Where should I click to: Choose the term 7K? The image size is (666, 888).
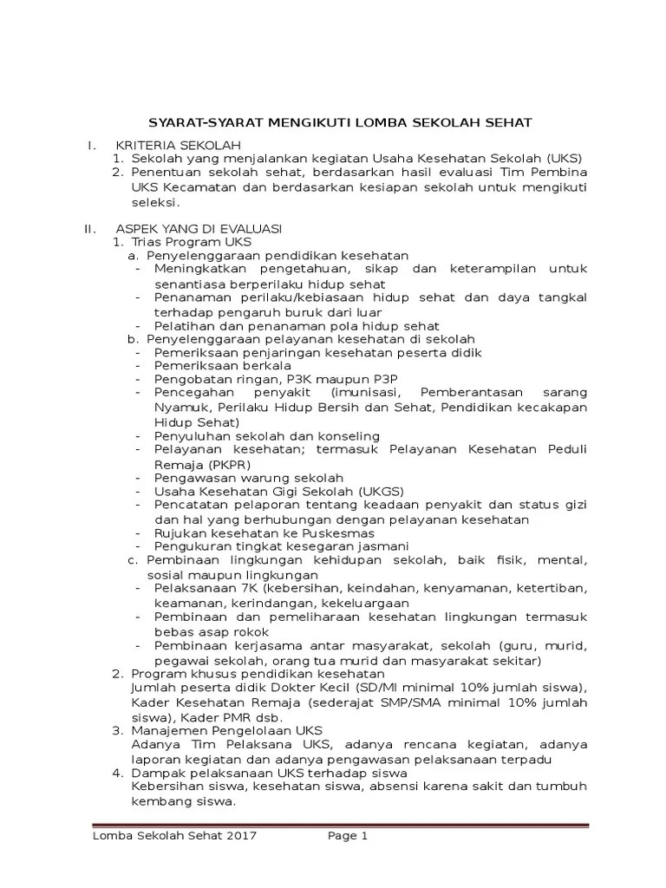(236, 589)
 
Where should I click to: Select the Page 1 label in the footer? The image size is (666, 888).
(348, 836)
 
